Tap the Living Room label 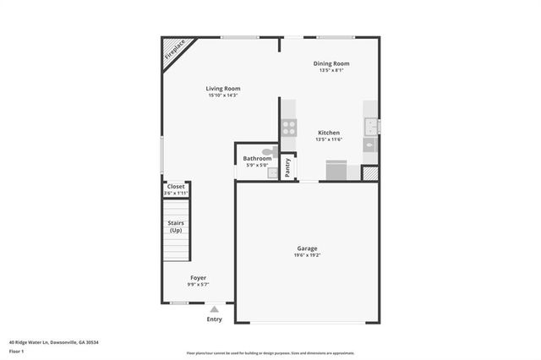pyautogui.click(x=223, y=88)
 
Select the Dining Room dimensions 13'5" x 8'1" pyautogui.click(x=331, y=71)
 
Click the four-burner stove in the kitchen pyautogui.click(x=289, y=128)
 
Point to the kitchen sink pyautogui.click(x=370, y=128)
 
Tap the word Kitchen pyautogui.click(x=329, y=133)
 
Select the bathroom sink pyautogui.click(x=273, y=172)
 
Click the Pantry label pyautogui.click(x=288, y=167)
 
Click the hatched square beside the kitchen pyautogui.click(x=370, y=172)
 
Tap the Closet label pyautogui.click(x=176, y=186)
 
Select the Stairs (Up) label pyautogui.click(x=176, y=226)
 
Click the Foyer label pyautogui.click(x=198, y=278)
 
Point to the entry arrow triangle pyautogui.click(x=215, y=309)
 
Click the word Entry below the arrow pyautogui.click(x=215, y=319)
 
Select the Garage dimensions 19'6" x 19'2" pyautogui.click(x=307, y=255)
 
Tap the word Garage pyautogui.click(x=307, y=248)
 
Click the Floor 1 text pyautogui.click(x=17, y=350)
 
